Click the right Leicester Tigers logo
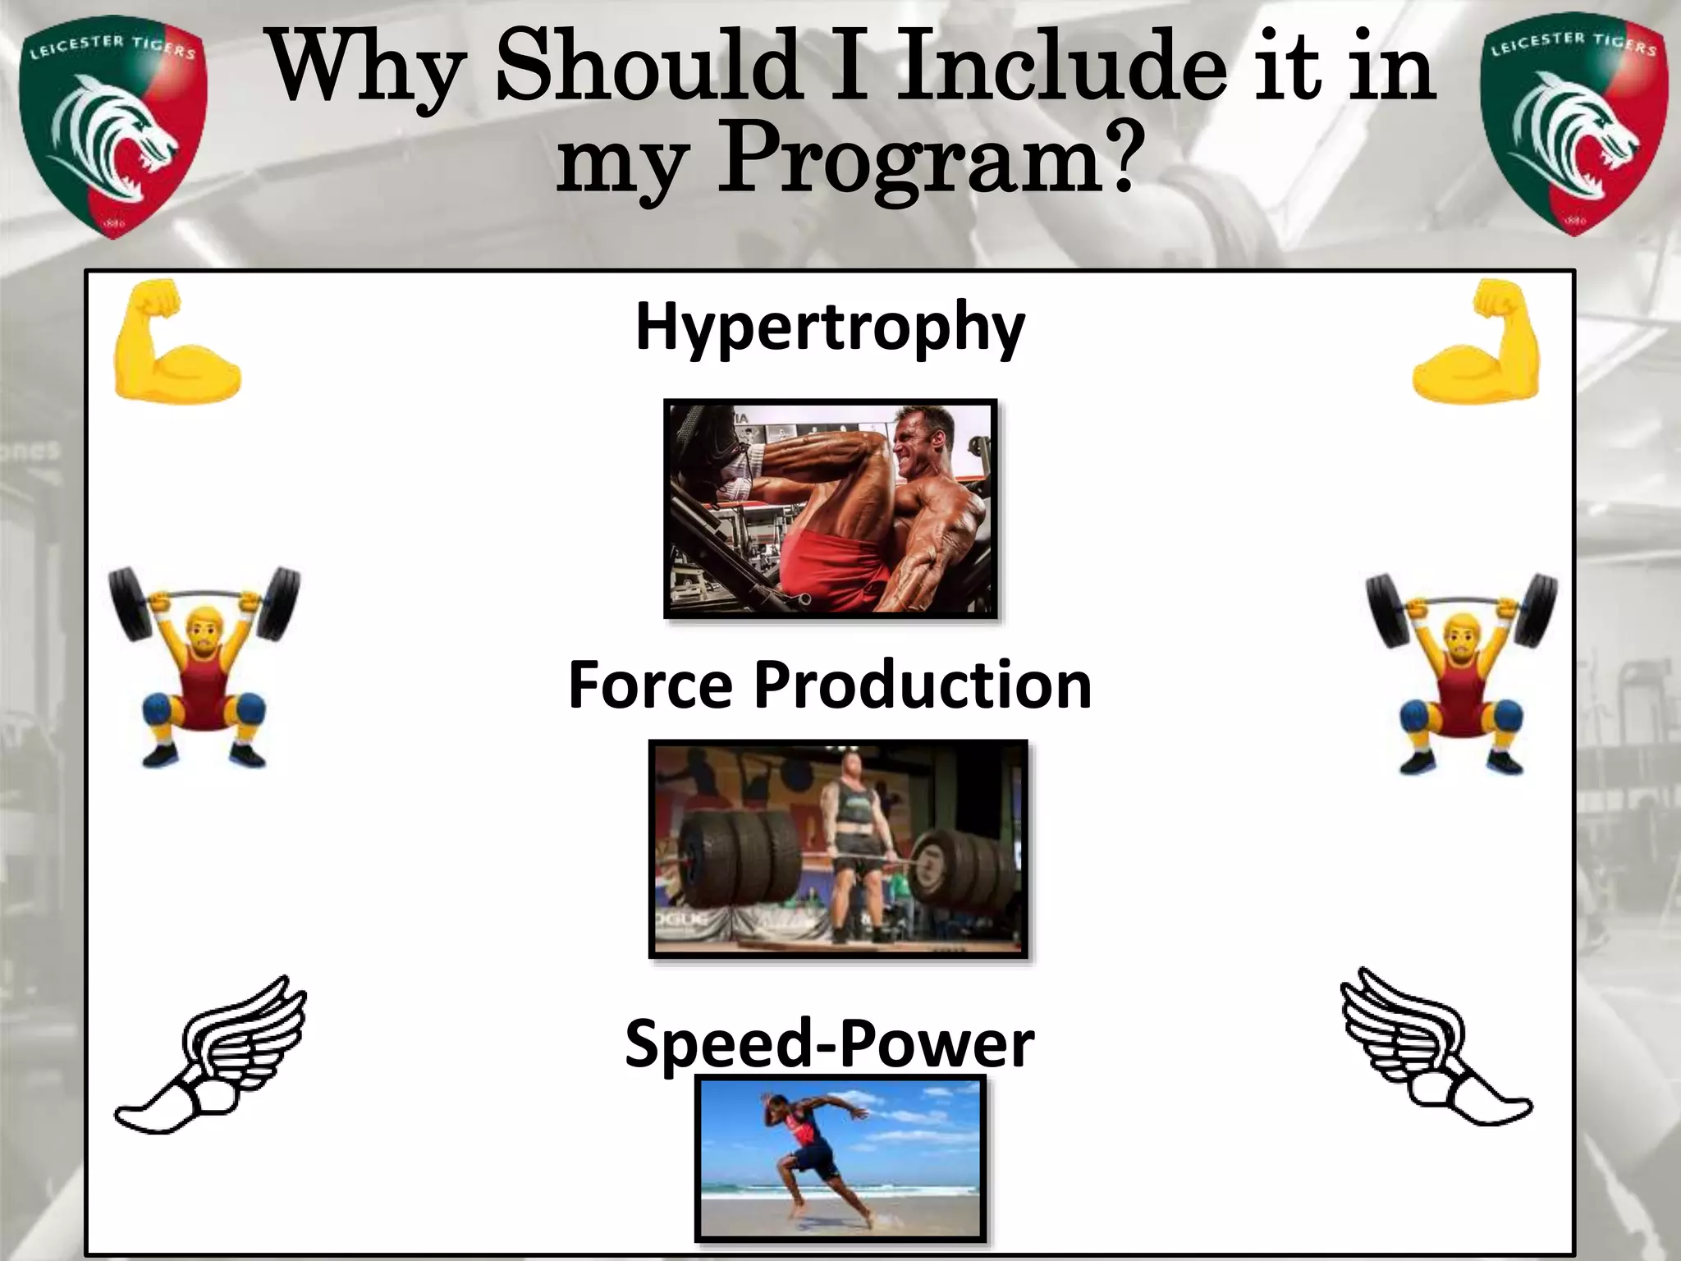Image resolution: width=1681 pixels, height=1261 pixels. coord(1574,125)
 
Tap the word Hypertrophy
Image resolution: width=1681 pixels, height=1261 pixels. coord(830,328)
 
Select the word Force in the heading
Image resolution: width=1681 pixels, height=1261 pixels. coord(650,686)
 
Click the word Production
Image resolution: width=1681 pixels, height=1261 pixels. coord(923,686)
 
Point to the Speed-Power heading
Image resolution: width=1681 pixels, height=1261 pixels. coord(829,1044)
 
